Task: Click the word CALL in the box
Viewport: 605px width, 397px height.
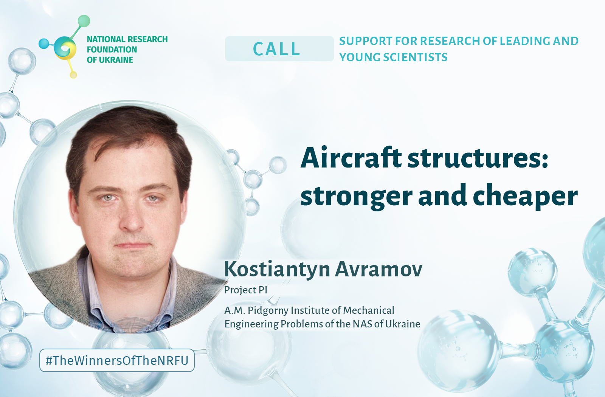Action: coord(276,49)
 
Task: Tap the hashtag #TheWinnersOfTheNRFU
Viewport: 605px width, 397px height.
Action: coord(117,361)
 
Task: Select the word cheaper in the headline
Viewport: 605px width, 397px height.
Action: coord(525,196)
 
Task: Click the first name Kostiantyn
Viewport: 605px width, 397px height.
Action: coord(277,270)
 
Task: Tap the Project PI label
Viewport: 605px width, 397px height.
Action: coord(246,290)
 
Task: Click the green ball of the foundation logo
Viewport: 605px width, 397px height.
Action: coord(84,21)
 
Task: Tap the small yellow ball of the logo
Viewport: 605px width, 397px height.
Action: coord(73,75)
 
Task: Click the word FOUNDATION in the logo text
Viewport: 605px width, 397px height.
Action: coord(112,50)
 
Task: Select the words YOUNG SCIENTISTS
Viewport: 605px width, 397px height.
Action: coord(393,57)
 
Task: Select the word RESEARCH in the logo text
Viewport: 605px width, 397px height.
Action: coord(147,39)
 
